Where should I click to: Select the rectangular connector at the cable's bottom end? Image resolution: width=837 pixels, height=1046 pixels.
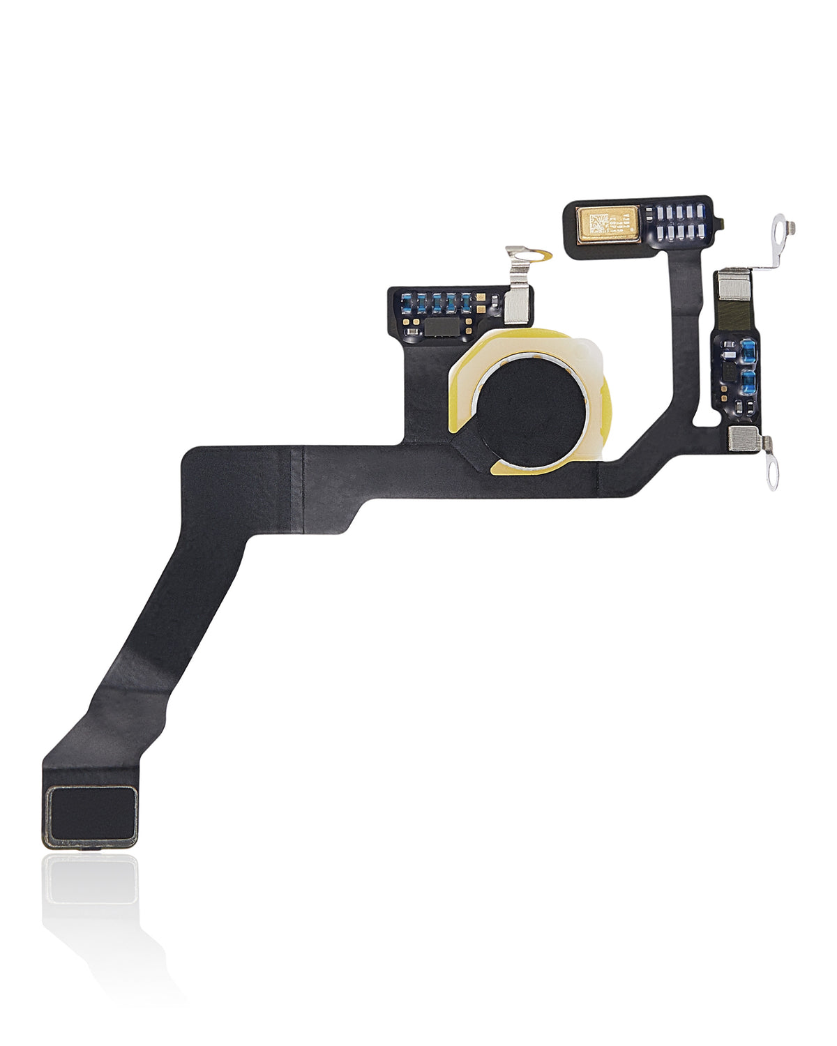(91, 816)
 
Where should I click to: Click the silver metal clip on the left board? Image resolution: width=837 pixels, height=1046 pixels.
(517, 304)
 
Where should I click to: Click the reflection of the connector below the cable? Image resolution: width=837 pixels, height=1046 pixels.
(91, 880)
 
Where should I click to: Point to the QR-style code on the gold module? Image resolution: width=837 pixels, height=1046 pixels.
(598, 225)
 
